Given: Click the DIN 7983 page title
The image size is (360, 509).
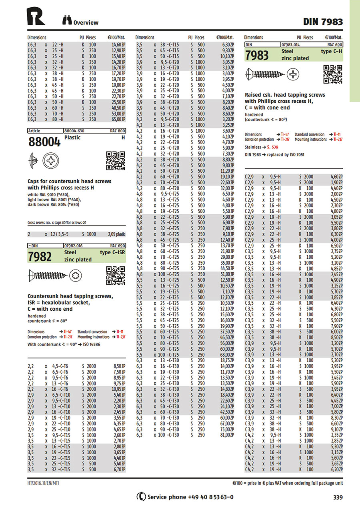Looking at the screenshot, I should pos(322,22).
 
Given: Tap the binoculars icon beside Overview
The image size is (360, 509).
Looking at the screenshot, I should pos(67,20).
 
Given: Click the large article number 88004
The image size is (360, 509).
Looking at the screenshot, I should pos(44,142).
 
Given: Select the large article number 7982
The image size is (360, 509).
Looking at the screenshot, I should pos(40,256).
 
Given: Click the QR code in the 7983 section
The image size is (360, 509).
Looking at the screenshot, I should pos(332,74).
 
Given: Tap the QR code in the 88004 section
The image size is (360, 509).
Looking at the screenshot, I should pos(116,161).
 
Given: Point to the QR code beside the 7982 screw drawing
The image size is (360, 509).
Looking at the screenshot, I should pos(116,276).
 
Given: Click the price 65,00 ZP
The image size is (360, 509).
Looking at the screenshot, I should pos(118,119).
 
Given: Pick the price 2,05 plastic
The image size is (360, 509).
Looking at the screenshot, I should pos(116,235).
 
